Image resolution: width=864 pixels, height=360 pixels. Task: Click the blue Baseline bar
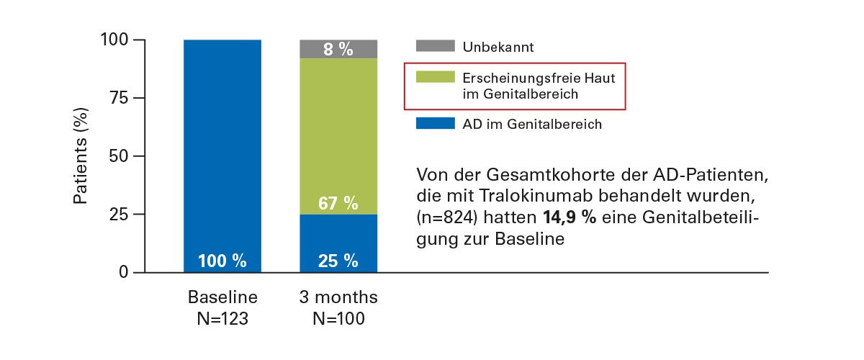[222, 144]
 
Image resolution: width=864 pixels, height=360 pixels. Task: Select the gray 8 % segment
[338, 49]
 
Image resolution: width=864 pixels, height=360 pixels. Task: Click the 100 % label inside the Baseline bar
[222, 261]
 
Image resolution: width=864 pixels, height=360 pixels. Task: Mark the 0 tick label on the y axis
[123, 273]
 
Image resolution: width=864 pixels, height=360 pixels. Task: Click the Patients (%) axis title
[83, 156]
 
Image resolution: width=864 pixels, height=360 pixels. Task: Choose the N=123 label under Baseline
[222, 318]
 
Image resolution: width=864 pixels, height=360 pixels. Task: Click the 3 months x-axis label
[338, 297]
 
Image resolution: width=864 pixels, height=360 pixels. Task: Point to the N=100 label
[338, 318]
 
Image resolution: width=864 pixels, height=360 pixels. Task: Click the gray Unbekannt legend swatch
[435, 47]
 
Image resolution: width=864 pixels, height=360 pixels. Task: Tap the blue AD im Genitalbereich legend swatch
[435, 124]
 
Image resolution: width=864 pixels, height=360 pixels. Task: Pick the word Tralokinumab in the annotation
[511, 197]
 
